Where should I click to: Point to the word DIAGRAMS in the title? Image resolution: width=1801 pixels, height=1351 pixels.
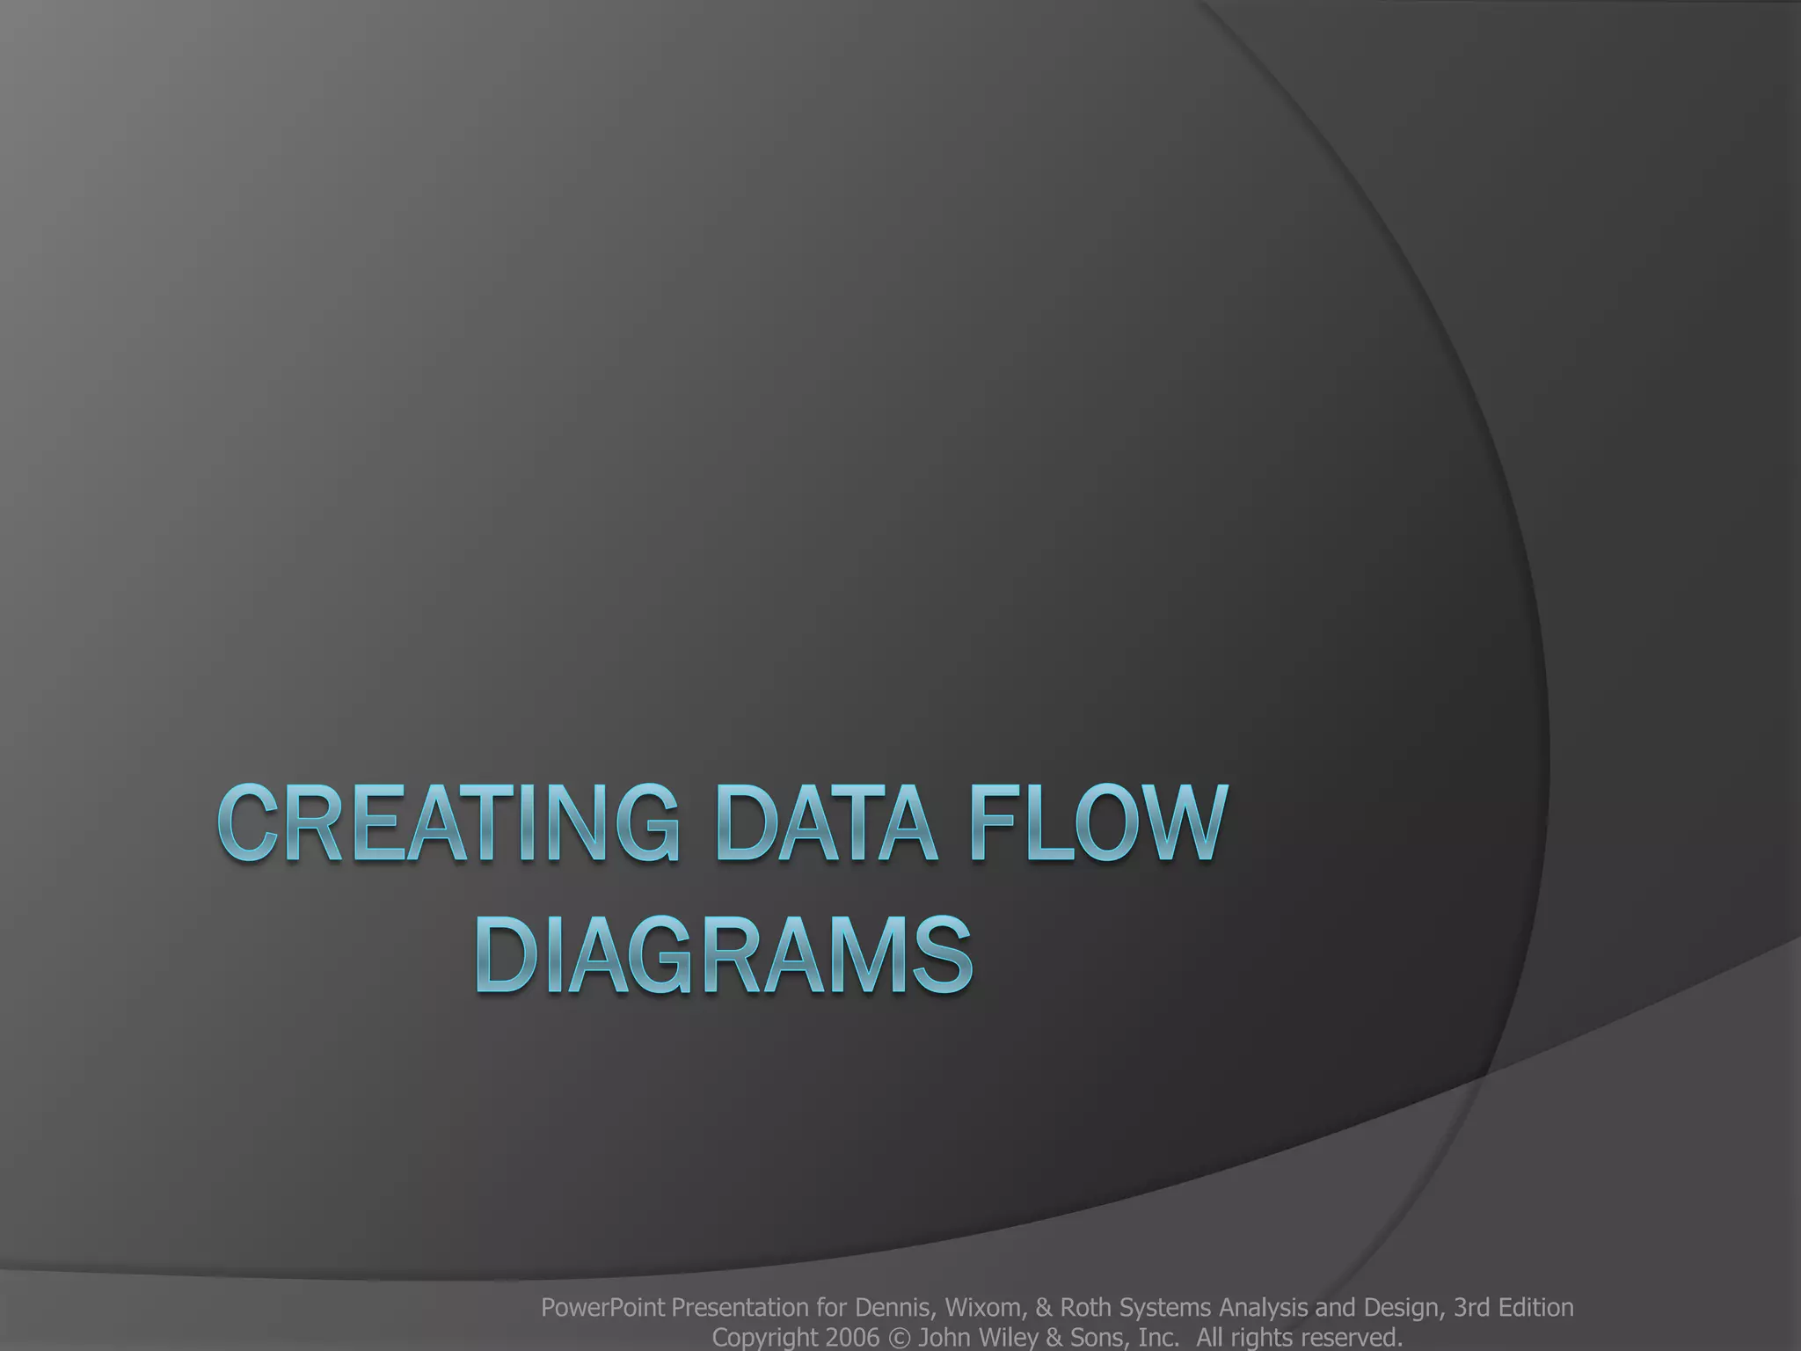pos(726,956)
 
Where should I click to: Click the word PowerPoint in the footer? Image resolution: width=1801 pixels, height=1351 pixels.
pos(602,1308)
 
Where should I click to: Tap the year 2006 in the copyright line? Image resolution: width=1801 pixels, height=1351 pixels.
pos(853,1338)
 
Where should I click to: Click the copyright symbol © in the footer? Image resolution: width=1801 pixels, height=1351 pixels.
pos(899,1338)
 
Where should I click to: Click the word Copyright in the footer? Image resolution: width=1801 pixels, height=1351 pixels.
pos(764,1338)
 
